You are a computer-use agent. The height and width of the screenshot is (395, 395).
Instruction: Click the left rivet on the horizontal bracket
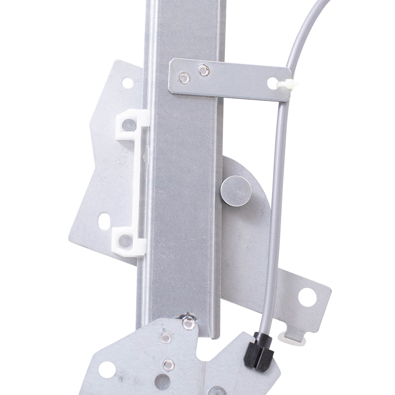(x=183, y=78)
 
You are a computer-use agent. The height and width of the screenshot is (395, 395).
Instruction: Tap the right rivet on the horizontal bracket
(x=203, y=71)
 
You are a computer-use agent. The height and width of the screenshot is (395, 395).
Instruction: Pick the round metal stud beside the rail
(x=233, y=191)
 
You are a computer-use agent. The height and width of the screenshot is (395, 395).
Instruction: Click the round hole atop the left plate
(x=127, y=83)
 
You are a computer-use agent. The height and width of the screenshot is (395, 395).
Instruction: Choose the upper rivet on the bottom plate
(x=167, y=338)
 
